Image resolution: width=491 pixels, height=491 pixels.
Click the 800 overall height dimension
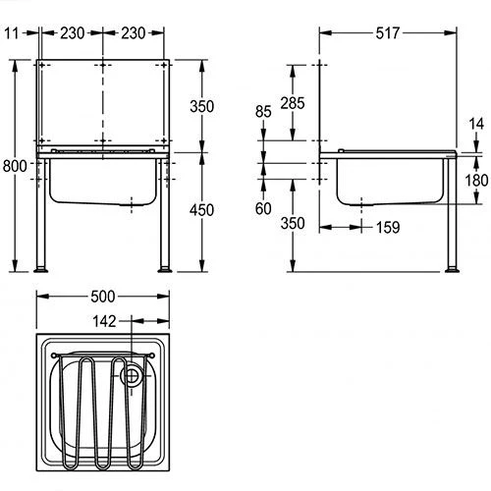pos(15,166)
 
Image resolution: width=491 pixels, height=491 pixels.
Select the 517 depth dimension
pos(388,33)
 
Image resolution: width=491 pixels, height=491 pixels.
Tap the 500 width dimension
pos(103,297)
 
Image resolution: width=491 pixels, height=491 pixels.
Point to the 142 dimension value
pos(104,321)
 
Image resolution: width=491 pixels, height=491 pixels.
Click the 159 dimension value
pos(388,228)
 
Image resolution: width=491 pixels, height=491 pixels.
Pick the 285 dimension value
pos(293,103)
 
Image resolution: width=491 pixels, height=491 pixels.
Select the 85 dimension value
pos(263,112)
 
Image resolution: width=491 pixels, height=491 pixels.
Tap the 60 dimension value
pos(263,208)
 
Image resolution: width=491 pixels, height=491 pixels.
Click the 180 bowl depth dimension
pos(476,181)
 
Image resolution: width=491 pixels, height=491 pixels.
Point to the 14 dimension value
pos(476,124)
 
